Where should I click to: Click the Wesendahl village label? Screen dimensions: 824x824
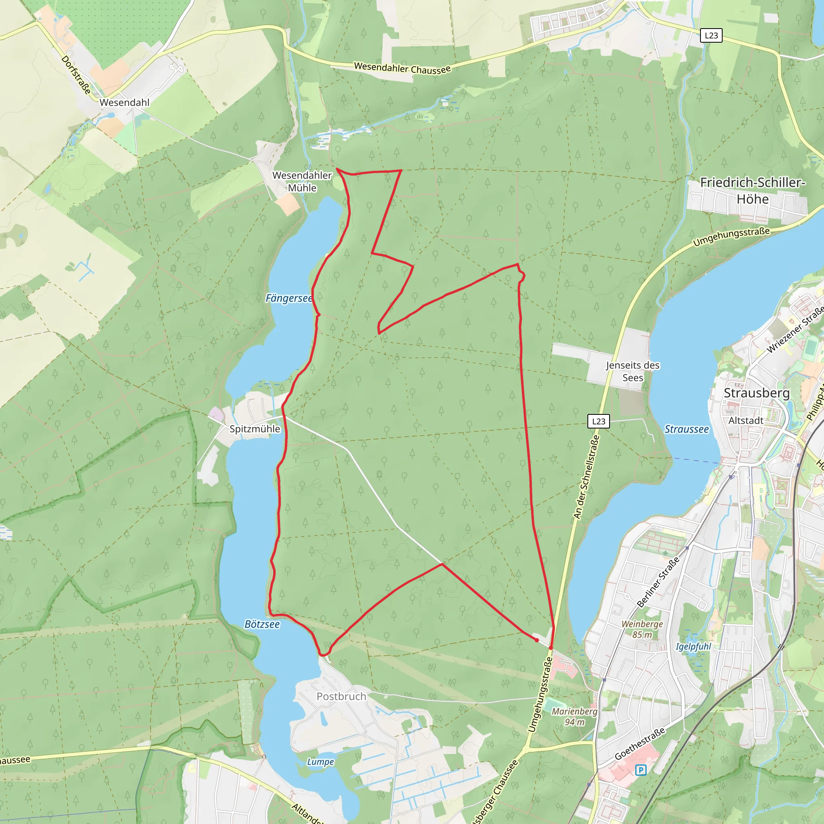click(125, 102)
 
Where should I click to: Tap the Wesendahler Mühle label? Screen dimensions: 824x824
click(302, 181)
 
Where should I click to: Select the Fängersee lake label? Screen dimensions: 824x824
click(289, 298)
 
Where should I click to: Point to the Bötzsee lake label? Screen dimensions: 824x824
click(262, 624)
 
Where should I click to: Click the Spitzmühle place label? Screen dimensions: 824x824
click(255, 428)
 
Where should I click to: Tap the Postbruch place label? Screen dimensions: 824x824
click(341, 696)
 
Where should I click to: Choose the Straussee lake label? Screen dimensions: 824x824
click(687, 429)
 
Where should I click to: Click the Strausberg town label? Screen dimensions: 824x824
click(757, 393)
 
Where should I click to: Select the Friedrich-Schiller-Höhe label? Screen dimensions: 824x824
click(753, 190)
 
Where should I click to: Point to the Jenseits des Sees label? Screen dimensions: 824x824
click(632, 371)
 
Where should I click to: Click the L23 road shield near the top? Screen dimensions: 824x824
click(711, 35)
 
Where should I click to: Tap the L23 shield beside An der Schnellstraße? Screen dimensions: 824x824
click(598, 421)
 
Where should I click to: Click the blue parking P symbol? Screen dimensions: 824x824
click(641, 770)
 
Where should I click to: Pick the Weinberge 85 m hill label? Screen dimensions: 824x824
click(642, 629)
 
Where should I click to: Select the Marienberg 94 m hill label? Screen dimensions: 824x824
click(575, 717)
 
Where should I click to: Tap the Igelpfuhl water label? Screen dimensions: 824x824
click(693, 647)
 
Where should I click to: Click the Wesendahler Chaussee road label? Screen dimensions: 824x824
click(402, 68)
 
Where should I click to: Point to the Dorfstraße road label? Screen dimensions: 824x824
click(76, 75)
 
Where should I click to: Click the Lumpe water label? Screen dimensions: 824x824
click(320, 762)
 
